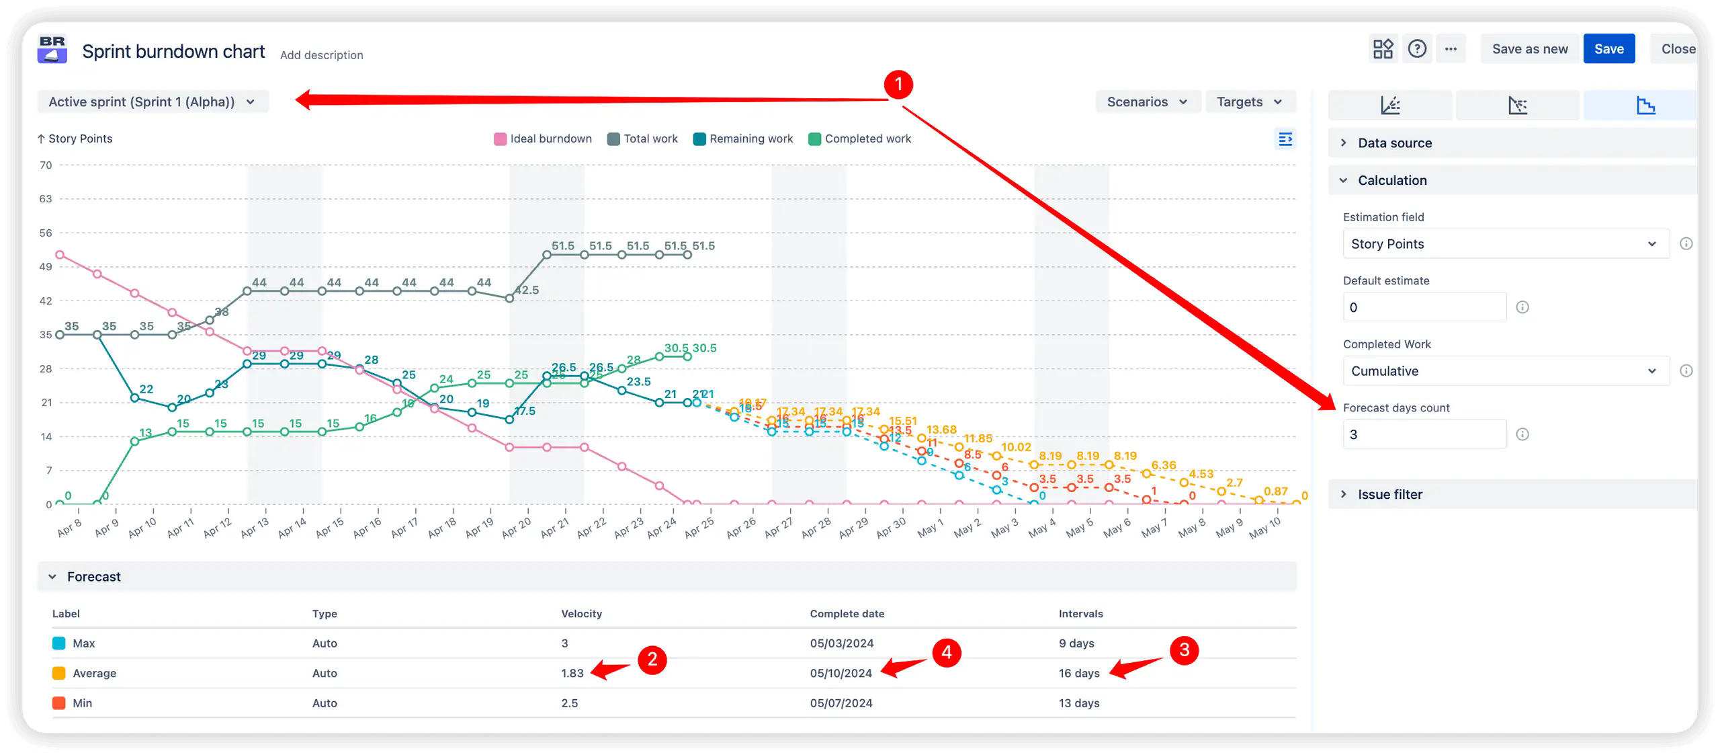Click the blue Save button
click(x=1608, y=49)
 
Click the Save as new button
click(x=1529, y=49)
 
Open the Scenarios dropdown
click(x=1147, y=102)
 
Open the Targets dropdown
click(x=1249, y=102)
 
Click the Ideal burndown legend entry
click(x=544, y=138)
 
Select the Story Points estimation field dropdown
click(x=1505, y=244)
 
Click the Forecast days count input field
click(x=1424, y=434)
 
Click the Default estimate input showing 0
click(x=1424, y=307)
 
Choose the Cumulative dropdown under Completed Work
click(x=1505, y=371)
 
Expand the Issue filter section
click(x=1389, y=494)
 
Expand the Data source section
click(x=1394, y=143)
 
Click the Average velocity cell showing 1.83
click(x=572, y=673)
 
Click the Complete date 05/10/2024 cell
click(x=841, y=673)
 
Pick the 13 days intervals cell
click(x=1079, y=703)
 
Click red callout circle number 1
click(x=898, y=85)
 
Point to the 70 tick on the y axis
click(x=46, y=165)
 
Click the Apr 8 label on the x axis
click(x=69, y=528)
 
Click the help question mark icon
click(x=1417, y=49)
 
